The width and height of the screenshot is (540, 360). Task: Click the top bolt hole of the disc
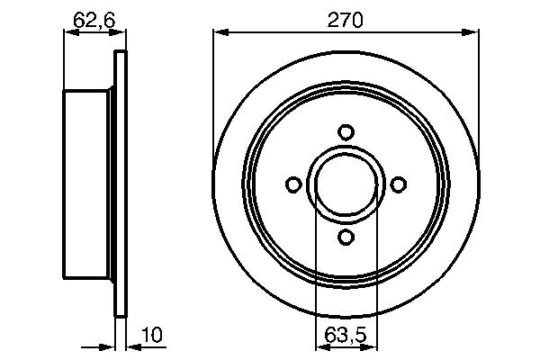pyautogui.click(x=346, y=131)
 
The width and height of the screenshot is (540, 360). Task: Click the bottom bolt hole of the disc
pyautogui.click(x=346, y=238)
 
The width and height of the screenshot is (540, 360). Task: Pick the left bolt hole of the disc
pyautogui.click(x=292, y=184)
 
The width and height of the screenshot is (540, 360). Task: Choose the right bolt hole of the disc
pyautogui.click(x=399, y=184)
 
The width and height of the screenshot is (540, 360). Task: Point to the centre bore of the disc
pyautogui.click(x=346, y=184)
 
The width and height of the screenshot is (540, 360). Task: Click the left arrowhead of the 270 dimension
pyautogui.click(x=220, y=33)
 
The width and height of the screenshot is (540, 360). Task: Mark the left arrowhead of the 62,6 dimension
pyautogui.click(x=69, y=33)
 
